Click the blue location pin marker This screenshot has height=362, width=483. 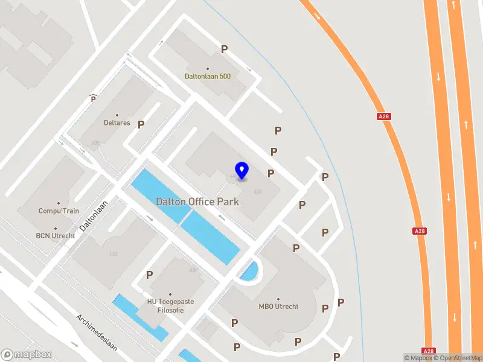[242, 170]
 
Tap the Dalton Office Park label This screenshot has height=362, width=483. [197, 202]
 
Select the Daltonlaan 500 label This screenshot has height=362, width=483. [208, 77]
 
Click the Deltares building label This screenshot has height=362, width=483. [117, 122]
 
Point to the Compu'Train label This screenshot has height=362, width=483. [59, 211]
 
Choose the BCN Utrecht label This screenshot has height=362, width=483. [56, 235]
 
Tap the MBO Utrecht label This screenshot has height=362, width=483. [278, 306]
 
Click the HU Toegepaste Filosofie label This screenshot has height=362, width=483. [165, 306]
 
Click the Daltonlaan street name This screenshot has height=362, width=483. [94, 215]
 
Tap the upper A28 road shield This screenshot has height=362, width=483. [383, 116]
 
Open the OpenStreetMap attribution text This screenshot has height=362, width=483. [458, 358]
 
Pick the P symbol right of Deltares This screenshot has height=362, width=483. [141, 124]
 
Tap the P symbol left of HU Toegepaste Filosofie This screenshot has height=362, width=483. [149, 275]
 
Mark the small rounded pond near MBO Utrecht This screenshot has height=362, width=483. [249, 271]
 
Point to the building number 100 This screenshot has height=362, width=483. [113, 254]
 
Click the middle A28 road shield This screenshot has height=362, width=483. [420, 231]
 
